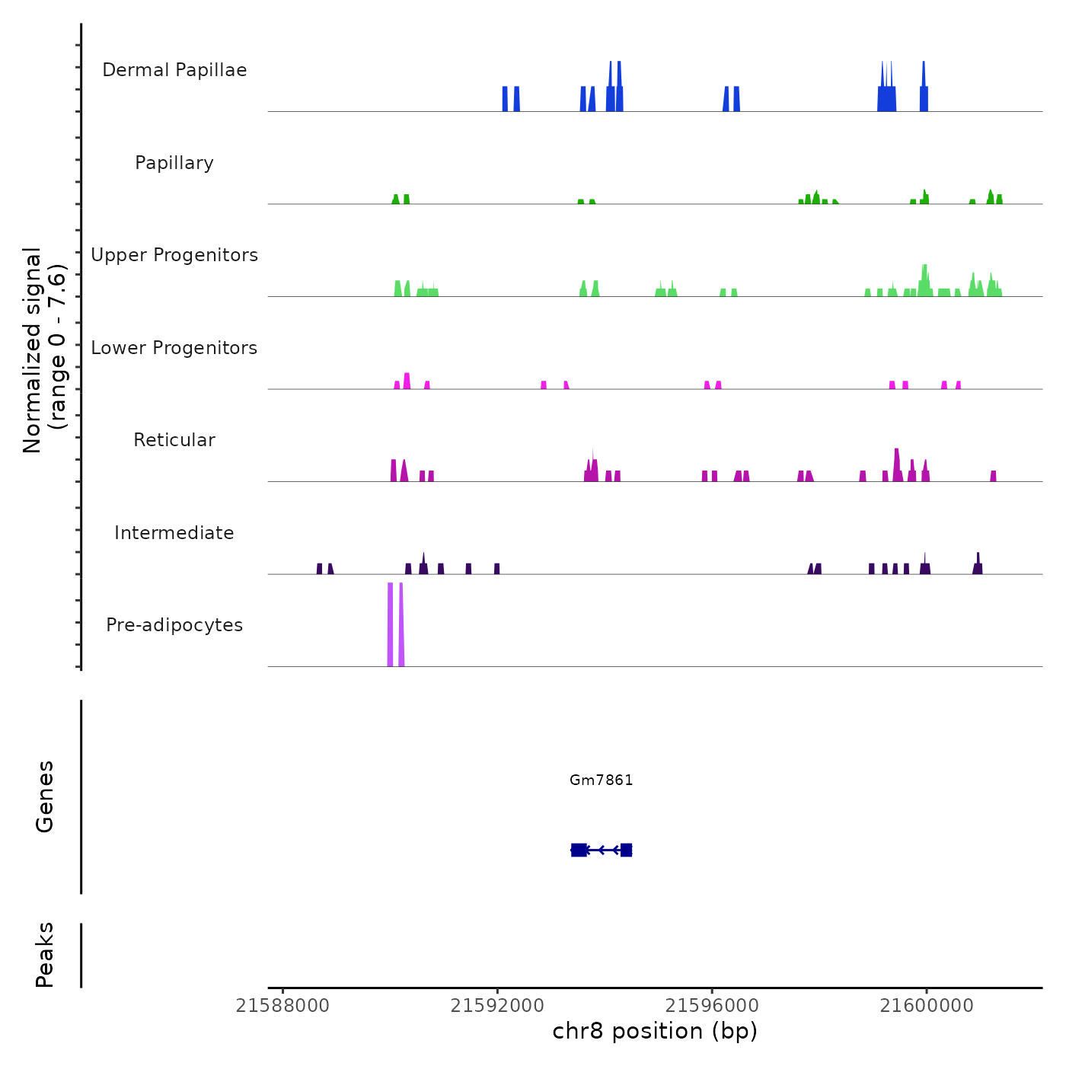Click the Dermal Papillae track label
click(x=174, y=70)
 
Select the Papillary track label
click(x=174, y=163)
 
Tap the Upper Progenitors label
click(x=174, y=255)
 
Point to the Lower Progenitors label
click(x=174, y=348)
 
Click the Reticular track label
click(x=174, y=440)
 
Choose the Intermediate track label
click(x=174, y=533)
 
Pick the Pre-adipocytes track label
click(x=174, y=625)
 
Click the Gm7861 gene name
click(x=601, y=780)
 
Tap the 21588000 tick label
click(x=282, y=1006)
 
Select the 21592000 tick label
click(x=497, y=1006)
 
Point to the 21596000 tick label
click(x=712, y=1006)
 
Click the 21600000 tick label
click(x=927, y=1006)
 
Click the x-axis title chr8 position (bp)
click(x=655, y=1032)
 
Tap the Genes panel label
click(x=45, y=796)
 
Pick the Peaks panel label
click(x=45, y=955)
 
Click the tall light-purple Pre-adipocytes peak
click(x=390, y=624)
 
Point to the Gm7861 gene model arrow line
click(x=602, y=850)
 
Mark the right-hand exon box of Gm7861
click(x=626, y=850)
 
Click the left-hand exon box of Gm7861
click(x=579, y=850)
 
